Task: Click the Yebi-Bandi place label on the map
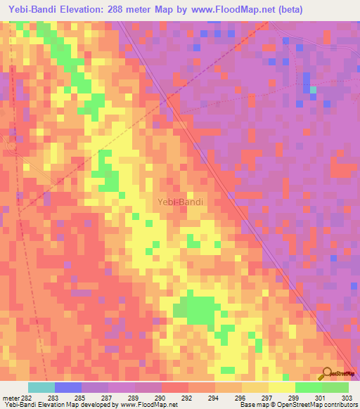pos(180,202)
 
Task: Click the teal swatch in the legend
pos(41,387)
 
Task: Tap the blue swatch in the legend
pos(68,387)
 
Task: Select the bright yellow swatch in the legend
pos(282,387)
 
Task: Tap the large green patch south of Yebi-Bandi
pos(199,309)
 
